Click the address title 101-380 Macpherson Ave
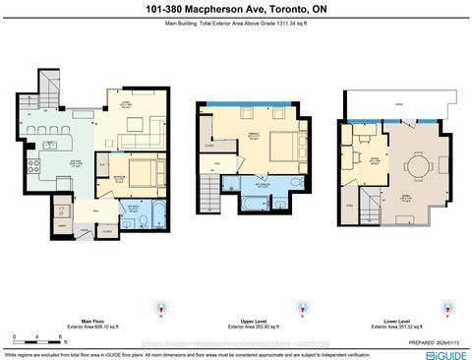236,9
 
